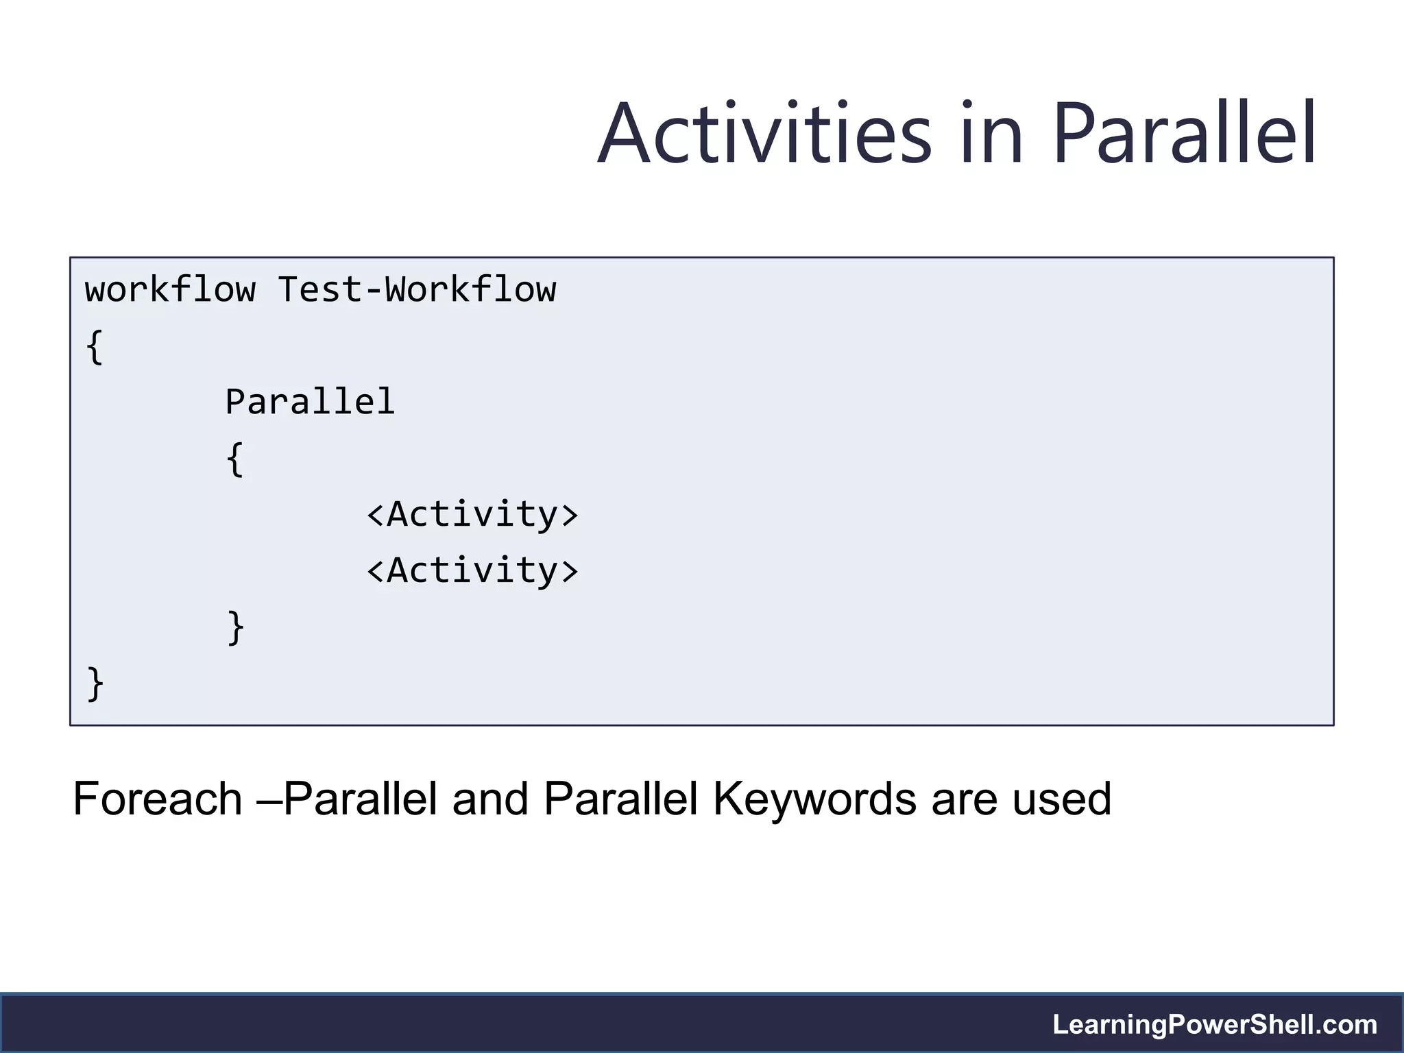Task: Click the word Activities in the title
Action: [x=764, y=134]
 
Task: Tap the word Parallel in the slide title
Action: [x=1184, y=134]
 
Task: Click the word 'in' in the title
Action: [x=992, y=134]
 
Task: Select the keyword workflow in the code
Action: [x=170, y=289]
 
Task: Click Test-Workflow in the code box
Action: [x=417, y=289]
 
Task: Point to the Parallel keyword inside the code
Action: [x=310, y=402]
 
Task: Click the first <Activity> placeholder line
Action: [x=472, y=514]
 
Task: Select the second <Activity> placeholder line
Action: [x=472, y=570]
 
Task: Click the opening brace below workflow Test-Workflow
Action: [x=95, y=347]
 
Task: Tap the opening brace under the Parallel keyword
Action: [x=235, y=459]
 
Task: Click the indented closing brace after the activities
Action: [x=235, y=627]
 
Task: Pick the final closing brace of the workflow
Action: [x=95, y=683]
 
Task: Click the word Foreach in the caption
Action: [x=158, y=799]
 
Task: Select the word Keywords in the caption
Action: [x=814, y=799]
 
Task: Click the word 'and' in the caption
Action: [x=490, y=799]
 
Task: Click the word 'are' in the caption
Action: [x=964, y=799]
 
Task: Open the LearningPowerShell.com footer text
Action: [x=1215, y=1025]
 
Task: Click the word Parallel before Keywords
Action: [x=620, y=799]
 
